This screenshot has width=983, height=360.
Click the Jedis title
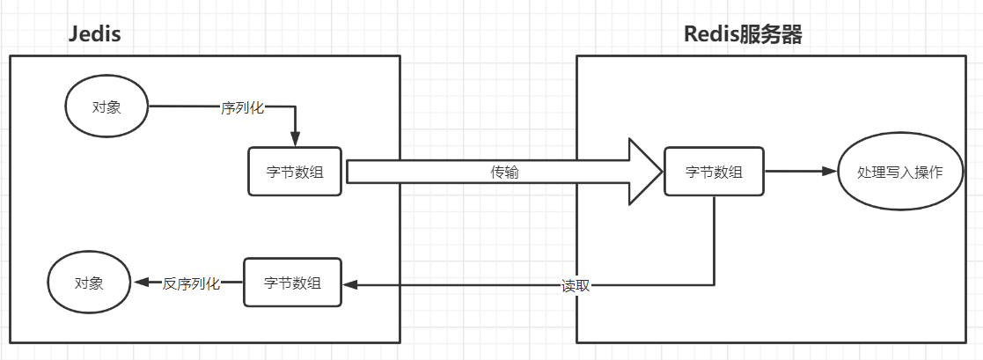click(94, 34)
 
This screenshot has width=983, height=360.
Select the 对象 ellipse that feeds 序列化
click(106, 107)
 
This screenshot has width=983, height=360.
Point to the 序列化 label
click(242, 107)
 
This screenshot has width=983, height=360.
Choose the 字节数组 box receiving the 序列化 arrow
click(295, 171)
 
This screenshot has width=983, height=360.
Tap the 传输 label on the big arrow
click(504, 173)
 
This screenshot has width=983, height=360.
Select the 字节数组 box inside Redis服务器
click(714, 171)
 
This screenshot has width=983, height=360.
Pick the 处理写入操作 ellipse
click(899, 172)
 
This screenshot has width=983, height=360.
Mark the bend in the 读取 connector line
click(714, 284)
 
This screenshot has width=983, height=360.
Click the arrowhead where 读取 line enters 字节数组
click(349, 284)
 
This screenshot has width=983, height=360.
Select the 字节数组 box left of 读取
click(292, 283)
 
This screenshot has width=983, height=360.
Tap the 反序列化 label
click(191, 283)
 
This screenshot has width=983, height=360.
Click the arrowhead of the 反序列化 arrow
click(140, 283)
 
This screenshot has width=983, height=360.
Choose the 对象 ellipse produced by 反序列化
click(88, 283)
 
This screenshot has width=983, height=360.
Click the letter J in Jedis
click(73, 34)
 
